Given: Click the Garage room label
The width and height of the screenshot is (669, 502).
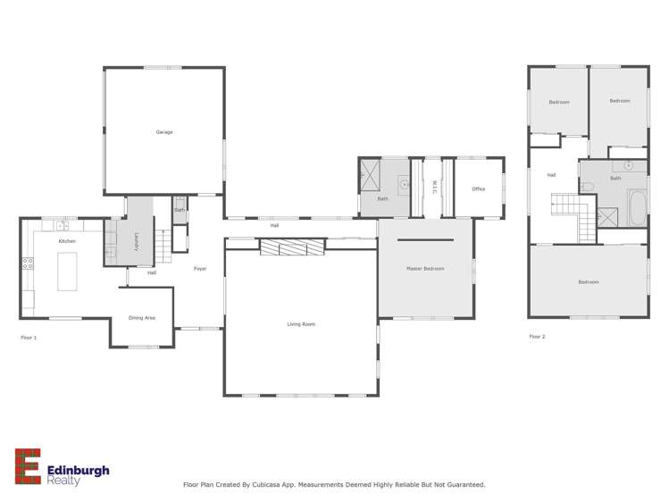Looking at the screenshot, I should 164,132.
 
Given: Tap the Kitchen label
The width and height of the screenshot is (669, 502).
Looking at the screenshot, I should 67,241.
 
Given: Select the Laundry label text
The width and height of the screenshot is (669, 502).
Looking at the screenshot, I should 137,241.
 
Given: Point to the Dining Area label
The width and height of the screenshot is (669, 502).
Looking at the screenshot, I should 142,318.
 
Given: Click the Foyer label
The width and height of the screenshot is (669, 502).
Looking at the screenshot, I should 200,269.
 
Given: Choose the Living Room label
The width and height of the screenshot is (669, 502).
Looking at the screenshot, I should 301,324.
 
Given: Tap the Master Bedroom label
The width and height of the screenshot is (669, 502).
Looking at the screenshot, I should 425,269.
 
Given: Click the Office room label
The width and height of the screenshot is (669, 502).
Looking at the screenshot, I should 479,189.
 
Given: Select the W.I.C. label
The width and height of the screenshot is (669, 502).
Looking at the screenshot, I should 433,188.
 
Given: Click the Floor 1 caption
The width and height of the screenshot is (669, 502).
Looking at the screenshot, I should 29,338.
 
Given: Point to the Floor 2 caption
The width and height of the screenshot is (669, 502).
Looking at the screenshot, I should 537,337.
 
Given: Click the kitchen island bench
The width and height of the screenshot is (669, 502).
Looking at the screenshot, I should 67,272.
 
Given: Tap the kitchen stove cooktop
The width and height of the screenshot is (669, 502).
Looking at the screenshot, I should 28,264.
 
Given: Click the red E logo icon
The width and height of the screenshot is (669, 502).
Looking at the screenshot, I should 28,466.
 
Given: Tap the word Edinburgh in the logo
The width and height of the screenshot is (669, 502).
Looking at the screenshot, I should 79,470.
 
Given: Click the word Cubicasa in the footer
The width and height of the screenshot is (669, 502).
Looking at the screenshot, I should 274,485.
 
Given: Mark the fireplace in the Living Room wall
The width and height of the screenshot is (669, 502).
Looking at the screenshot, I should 292,247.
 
